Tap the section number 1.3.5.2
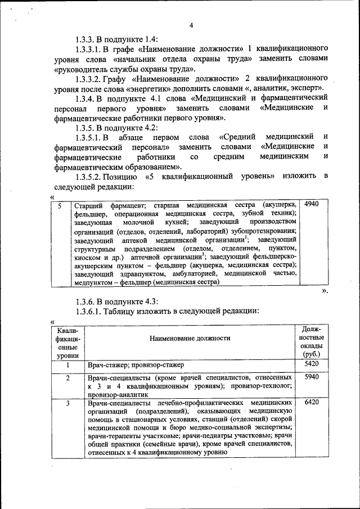[x=92, y=177]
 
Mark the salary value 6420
[x=311, y=403]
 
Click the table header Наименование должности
[x=190, y=339]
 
